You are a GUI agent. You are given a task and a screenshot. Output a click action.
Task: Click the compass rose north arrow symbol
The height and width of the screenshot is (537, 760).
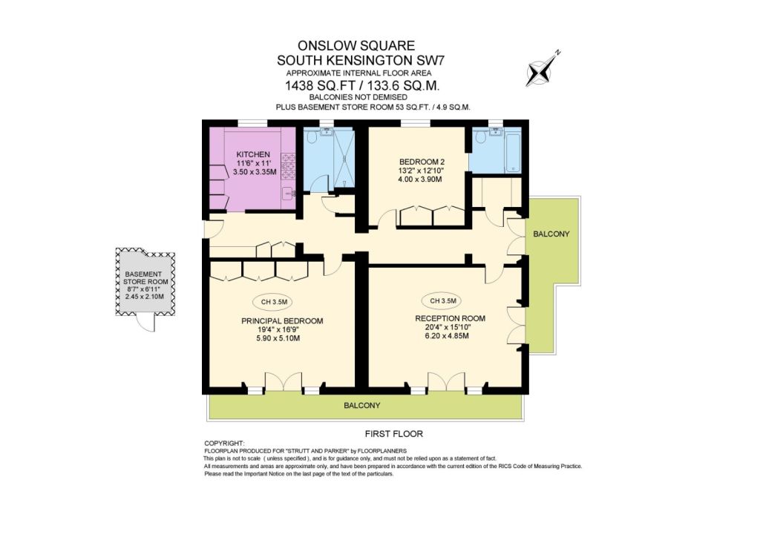(541, 70)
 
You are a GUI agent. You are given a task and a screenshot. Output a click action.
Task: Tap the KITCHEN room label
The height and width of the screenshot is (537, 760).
(253, 154)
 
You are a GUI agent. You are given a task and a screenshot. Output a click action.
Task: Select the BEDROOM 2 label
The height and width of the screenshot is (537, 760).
(422, 162)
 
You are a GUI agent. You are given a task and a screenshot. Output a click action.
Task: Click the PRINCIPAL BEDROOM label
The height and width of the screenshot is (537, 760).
(282, 321)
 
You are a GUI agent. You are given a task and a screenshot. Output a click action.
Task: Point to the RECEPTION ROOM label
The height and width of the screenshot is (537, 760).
(450, 319)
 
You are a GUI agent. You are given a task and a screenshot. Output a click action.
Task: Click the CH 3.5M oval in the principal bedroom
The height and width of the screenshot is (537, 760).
(274, 302)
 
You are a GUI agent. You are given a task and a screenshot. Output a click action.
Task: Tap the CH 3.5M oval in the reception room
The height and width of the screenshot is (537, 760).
(443, 300)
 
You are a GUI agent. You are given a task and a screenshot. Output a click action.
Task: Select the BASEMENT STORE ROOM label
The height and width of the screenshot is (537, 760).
(145, 278)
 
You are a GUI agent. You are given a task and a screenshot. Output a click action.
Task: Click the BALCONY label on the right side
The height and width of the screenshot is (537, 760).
(551, 234)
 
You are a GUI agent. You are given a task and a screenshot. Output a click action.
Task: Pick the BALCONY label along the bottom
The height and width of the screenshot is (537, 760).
(362, 405)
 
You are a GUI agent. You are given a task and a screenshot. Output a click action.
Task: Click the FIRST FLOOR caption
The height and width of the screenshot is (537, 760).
(393, 434)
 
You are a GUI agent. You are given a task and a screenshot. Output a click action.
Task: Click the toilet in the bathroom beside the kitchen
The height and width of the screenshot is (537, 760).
(312, 137)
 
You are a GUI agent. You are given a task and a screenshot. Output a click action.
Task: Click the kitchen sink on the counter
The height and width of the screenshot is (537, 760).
(289, 193)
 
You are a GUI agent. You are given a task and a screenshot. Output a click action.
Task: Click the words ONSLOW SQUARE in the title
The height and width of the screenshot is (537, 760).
(356, 45)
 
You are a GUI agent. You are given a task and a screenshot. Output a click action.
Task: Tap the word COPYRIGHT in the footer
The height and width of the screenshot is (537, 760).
(224, 443)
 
